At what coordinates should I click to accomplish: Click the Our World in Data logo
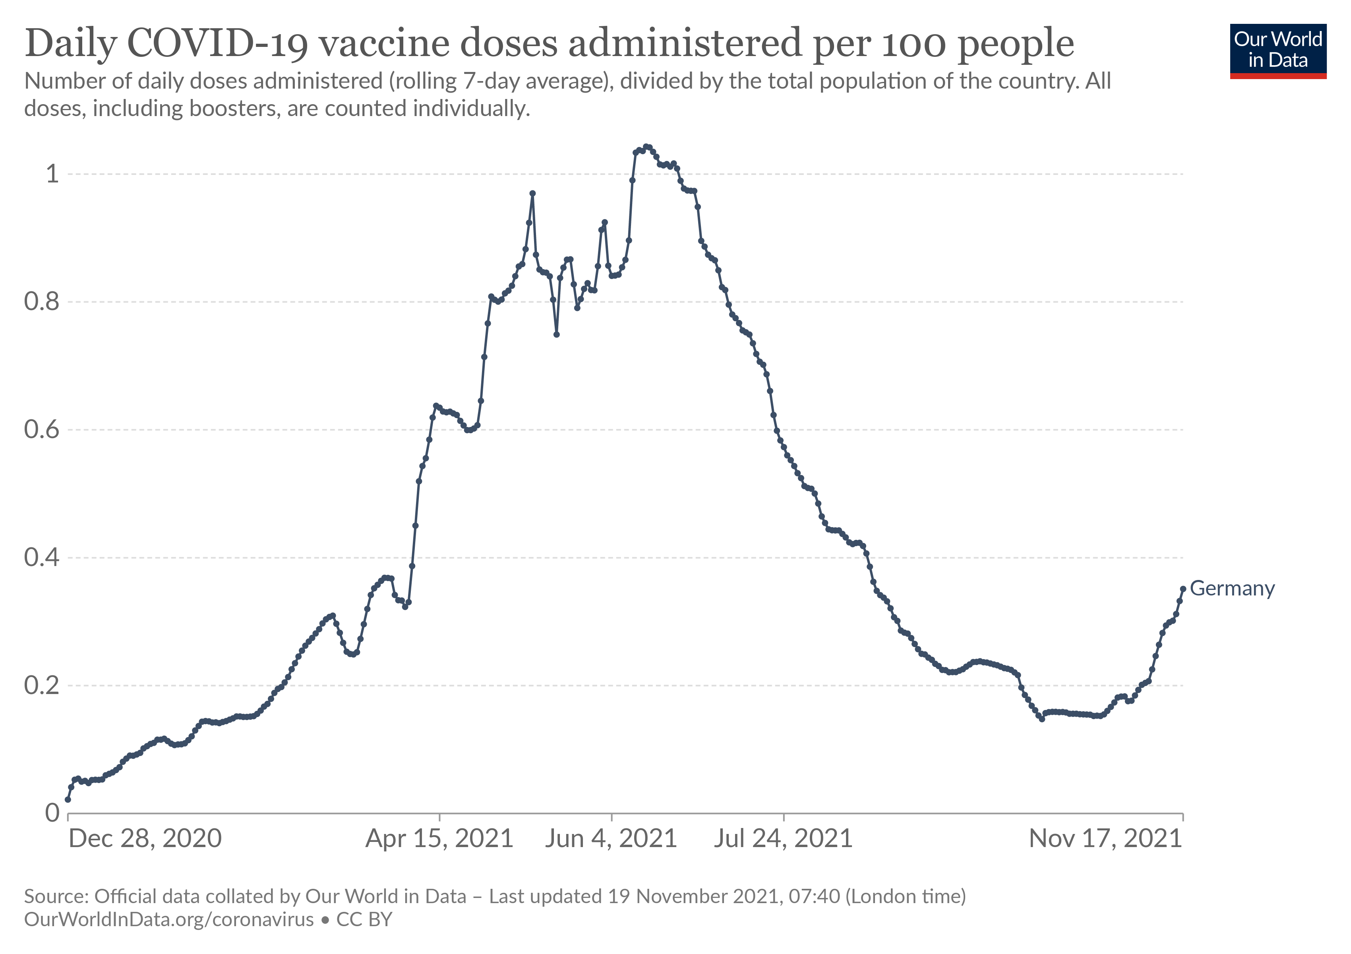[x=1278, y=50]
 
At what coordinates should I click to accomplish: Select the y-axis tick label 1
[x=53, y=174]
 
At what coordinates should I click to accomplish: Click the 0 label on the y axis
[x=53, y=813]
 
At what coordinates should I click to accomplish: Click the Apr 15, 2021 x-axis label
[x=439, y=838]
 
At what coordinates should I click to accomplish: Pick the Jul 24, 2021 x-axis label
[x=783, y=838]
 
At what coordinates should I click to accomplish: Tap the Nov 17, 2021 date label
[x=1105, y=838]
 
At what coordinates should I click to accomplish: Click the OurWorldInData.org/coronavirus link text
[x=169, y=919]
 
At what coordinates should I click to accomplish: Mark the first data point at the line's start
[x=68, y=799]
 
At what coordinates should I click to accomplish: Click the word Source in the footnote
[x=56, y=896]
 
